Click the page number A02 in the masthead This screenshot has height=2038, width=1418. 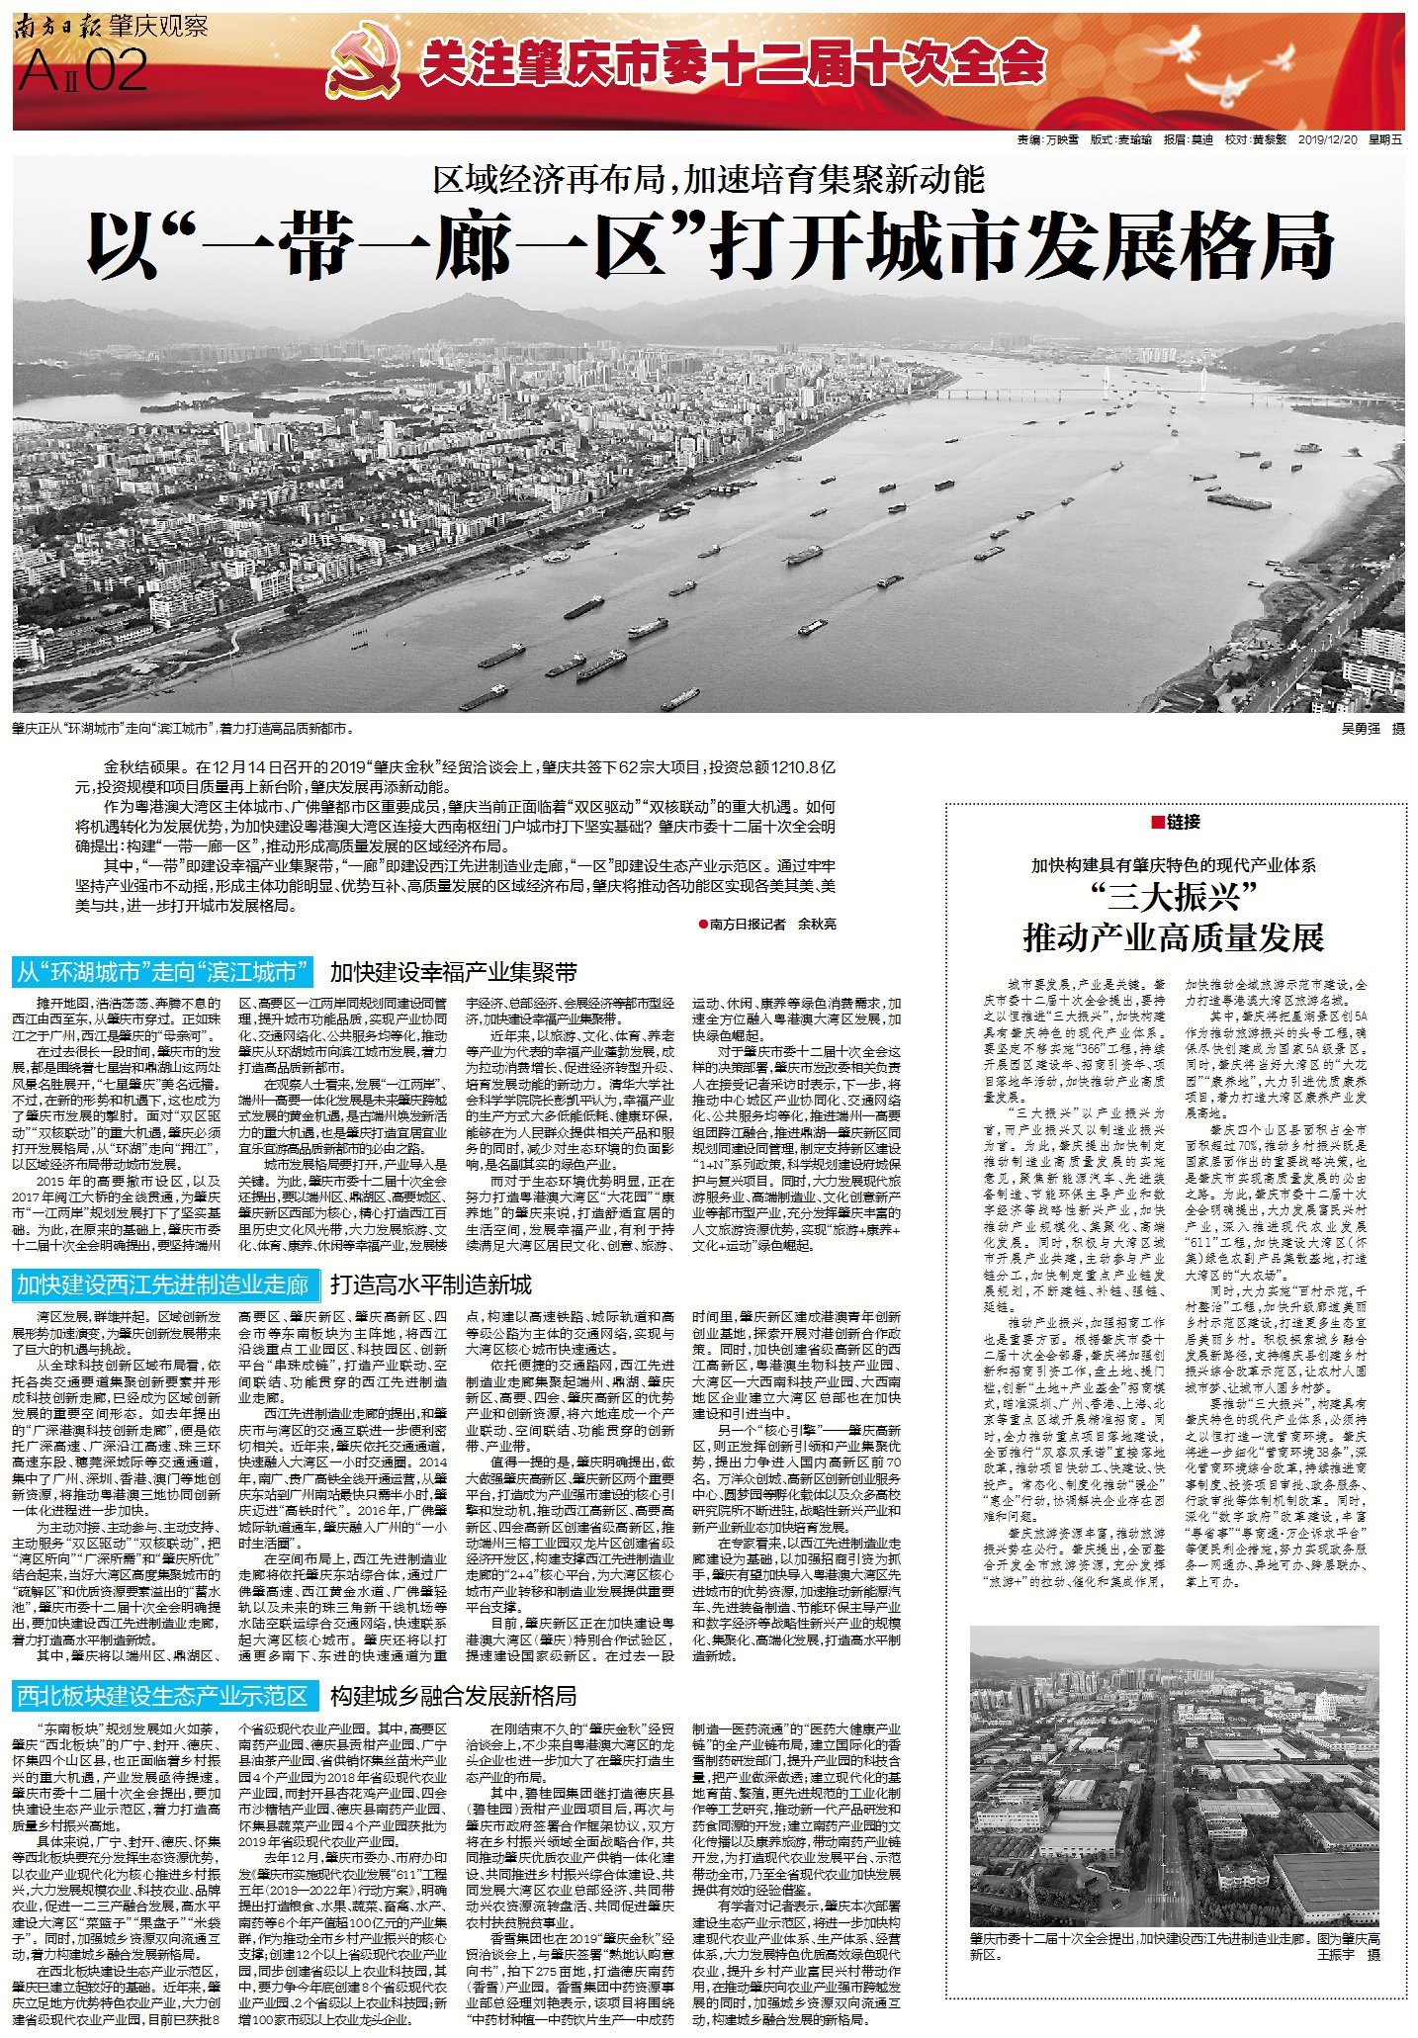[83, 71]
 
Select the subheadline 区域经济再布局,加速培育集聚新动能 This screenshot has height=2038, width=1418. [709, 179]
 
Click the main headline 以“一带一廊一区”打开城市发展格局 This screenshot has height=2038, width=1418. [709, 246]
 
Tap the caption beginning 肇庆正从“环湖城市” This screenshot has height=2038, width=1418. [183, 729]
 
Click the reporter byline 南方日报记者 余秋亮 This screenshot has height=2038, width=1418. [767, 924]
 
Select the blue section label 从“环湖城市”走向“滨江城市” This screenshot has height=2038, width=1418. [163, 973]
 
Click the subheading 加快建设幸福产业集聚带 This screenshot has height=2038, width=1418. [454, 973]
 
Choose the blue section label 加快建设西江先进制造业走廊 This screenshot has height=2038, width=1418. [163, 1285]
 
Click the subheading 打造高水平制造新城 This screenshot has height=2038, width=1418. [431, 1285]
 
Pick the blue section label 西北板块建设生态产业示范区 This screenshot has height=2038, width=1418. [163, 1696]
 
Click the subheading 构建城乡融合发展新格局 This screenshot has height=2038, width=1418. [454, 1696]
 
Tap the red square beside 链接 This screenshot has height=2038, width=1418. [1156, 822]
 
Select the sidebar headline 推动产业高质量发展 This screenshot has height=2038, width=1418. [1173, 936]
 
